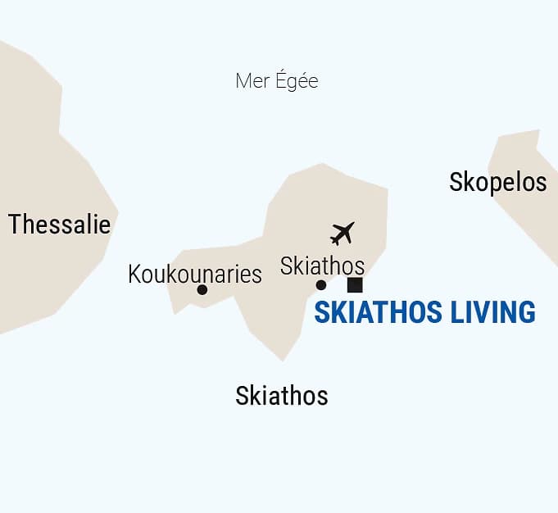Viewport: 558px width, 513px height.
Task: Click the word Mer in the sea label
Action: (x=252, y=81)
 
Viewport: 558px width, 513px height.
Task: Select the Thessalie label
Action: (x=59, y=224)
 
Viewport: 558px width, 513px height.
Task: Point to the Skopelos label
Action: (x=497, y=182)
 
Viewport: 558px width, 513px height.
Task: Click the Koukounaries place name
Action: (x=195, y=274)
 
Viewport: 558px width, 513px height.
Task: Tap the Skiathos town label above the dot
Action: (x=322, y=266)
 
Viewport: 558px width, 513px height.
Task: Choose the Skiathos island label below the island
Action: (x=281, y=396)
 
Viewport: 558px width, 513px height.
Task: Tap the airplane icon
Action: (x=343, y=233)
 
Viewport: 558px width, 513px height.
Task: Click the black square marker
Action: (x=355, y=285)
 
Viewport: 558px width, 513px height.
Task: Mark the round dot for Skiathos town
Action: (x=321, y=285)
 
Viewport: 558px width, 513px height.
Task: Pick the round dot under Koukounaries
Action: (x=202, y=289)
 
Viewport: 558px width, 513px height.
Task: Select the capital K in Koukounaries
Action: (x=135, y=274)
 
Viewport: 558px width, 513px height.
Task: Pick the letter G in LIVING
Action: (x=527, y=312)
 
